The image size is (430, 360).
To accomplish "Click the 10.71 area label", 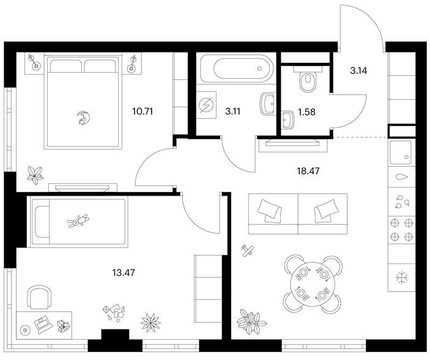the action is (143, 111).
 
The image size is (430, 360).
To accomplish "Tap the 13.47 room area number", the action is (124, 273).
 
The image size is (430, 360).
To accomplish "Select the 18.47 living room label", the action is (308, 171).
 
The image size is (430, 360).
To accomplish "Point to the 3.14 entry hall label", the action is (358, 71).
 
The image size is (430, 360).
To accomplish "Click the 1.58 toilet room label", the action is (306, 112).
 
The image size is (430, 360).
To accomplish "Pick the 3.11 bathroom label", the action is (232, 111).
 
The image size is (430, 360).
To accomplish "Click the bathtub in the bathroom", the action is (237, 68).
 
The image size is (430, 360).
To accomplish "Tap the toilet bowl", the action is (308, 79).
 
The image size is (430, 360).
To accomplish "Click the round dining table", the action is (313, 284).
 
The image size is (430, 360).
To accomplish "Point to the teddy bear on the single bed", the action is (78, 221).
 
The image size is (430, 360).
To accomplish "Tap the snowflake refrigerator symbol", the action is (401, 278).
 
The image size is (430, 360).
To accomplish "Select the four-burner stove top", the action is (401, 229).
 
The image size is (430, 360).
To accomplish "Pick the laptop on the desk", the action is (43, 325).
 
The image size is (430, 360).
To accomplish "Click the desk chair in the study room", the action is (40, 297).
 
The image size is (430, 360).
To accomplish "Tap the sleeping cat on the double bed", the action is (83, 118).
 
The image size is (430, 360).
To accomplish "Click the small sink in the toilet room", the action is (288, 119).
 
